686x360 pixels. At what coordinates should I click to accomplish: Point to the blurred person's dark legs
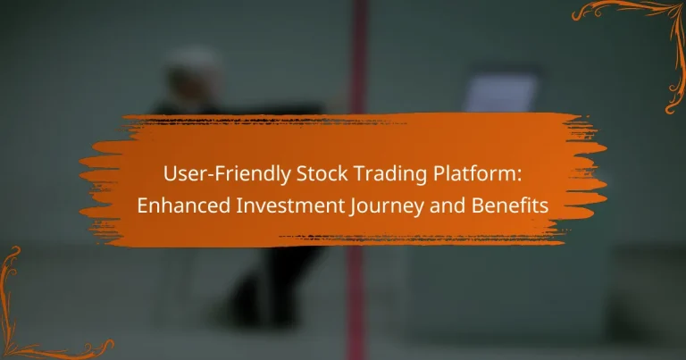268,286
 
